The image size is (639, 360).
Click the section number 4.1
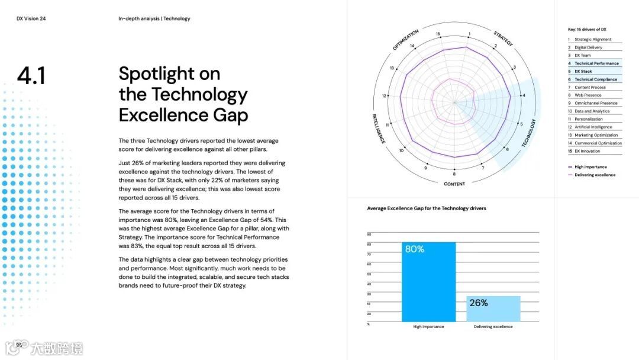31,76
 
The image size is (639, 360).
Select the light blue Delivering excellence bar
493,308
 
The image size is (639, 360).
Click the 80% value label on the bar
415,249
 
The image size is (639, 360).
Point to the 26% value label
479,303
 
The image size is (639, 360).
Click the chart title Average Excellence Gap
426,208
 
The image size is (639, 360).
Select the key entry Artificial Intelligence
593,127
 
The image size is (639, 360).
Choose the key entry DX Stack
583,72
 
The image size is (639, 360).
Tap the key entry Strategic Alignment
592,40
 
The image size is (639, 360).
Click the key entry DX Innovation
587,151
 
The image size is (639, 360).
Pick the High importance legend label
590,167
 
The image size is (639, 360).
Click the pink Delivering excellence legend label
595,175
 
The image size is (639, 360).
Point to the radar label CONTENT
454,184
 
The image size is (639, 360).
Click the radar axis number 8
454,174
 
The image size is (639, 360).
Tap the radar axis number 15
438,34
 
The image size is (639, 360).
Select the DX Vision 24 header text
31,19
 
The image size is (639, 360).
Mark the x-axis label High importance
428,327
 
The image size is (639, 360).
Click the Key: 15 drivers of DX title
587,29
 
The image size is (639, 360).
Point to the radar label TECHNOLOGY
530,133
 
